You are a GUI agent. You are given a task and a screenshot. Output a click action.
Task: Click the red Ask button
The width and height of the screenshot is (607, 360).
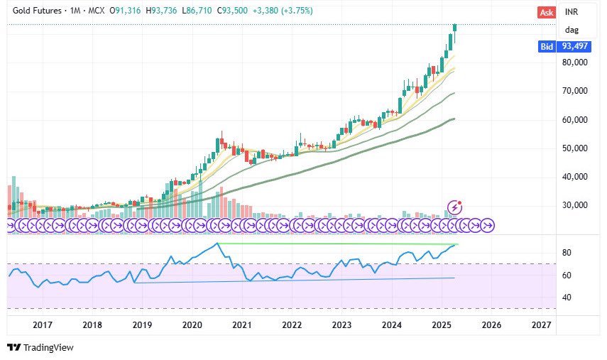pyautogui.click(x=546, y=12)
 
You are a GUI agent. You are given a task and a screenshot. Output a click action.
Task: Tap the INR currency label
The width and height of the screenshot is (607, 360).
pyautogui.click(x=572, y=12)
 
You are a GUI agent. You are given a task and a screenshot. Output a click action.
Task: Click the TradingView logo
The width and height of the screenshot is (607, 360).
pyautogui.click(x=40, y=347)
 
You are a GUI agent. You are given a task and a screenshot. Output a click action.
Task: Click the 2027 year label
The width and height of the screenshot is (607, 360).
pyautogui.click(x=541, y=324)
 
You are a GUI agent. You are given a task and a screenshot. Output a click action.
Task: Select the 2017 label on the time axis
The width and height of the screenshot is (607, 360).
pyautogui.click(x=43, y=324)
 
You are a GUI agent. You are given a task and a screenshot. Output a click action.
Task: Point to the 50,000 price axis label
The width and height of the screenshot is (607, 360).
pyautogui.click(x=576, y=148)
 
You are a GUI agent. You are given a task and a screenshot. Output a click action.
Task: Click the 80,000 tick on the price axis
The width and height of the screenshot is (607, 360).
pyautogui.click(x=576, y=62)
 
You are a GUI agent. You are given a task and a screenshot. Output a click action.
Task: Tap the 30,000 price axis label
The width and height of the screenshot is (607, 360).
pyautogui.click(x=576, y=205)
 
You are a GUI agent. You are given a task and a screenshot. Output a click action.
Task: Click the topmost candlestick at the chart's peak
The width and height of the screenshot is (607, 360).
pyautogui.click(x=455, y=28)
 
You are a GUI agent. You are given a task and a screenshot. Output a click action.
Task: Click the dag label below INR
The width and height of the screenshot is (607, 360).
pyautogui.click(x=572, y=30)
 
